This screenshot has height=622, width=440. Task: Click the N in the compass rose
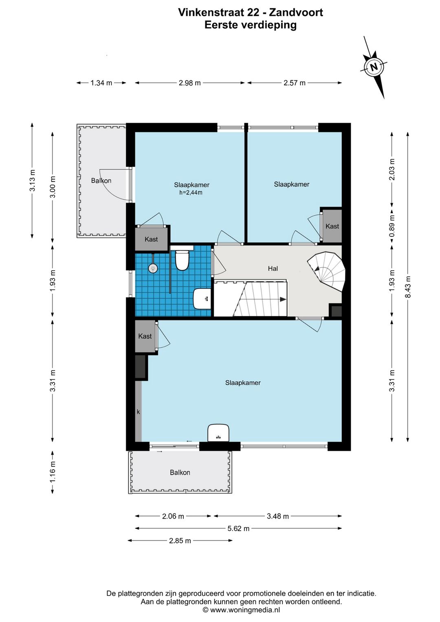tap(374, 67)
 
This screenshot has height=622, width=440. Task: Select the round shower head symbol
tap(153, 268)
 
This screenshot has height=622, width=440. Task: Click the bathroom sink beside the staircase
tap(202, 298)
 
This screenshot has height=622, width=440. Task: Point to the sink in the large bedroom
tap(218, 432)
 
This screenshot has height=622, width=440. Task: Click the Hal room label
tap(273, 269)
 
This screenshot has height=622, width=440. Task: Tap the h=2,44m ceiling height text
tap(190, 192)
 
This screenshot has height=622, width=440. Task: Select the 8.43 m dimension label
tap(408, 287)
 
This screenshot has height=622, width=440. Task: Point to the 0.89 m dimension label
tap(392, 226)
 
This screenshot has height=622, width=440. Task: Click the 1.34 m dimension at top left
tap(101, 83)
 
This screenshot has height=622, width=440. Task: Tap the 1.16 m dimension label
tap(53, 472)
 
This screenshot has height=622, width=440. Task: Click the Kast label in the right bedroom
tap(332, 226)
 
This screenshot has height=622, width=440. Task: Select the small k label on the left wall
tap(138, 412)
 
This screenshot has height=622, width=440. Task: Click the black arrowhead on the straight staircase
tap(283, 299)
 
